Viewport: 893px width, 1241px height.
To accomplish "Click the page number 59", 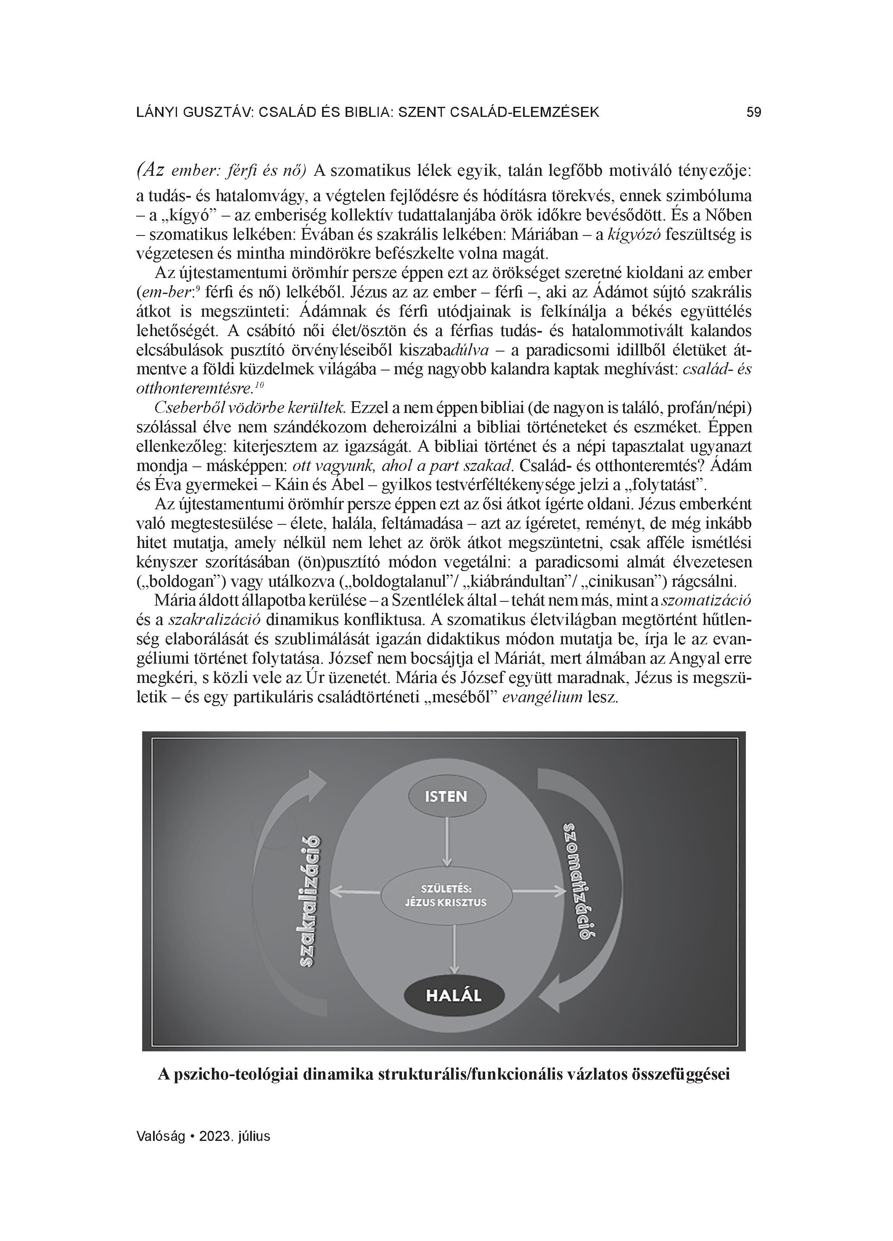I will point(753,113).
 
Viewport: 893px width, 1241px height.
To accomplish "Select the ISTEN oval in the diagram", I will point(446,796).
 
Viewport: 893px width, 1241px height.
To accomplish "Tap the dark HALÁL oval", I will point(453,995).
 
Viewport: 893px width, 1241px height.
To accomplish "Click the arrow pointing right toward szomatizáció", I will point(539,892).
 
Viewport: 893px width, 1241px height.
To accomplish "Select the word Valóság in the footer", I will point(160,1136).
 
